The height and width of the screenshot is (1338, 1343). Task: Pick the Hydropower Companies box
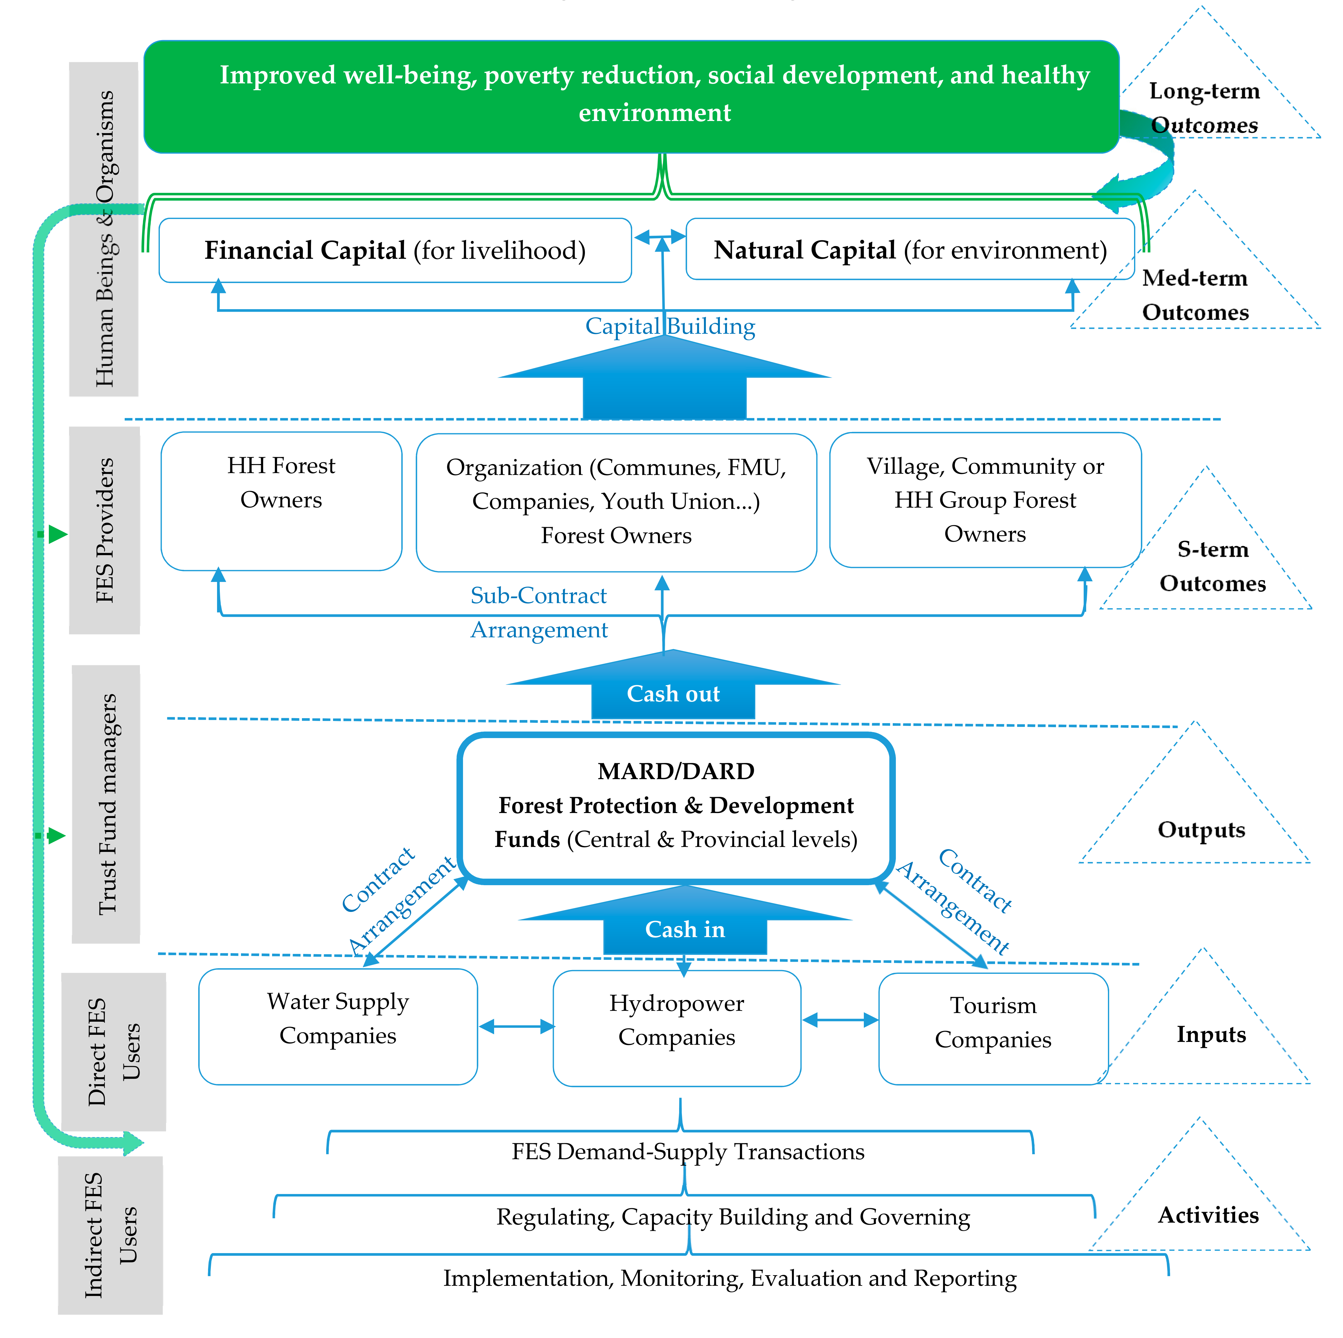pyautogui.click(x=676, y=1028)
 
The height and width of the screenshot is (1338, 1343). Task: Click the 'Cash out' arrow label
pyautogui.click(x=673, y=694)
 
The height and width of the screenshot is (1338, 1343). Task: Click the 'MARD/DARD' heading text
pyautogui.click(x=676, y=771)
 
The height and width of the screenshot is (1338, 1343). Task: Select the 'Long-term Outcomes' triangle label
pyautogui.click(x=1204, y=108)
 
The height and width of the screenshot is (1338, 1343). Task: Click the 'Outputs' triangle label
pyautogui.click(x=1201, y=830)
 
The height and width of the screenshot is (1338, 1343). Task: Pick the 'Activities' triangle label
pyautogui.click(x=1208, y=1215)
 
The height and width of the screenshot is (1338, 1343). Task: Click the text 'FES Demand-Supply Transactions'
pyautogui.click(x=688, y=1152)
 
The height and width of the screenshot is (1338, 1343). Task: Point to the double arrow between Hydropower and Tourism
pyautogui.click(x=840, y=1020)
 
